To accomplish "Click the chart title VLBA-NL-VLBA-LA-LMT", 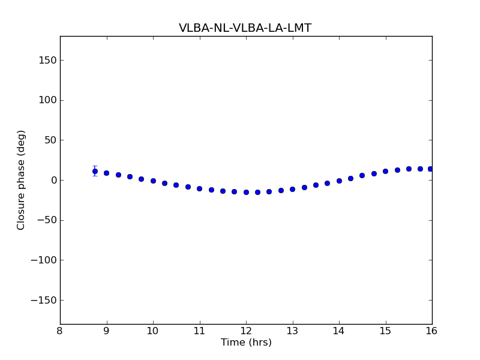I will pyautogui.click(x=245, y=28).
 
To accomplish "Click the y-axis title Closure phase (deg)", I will pyautogui.click(x=22, y=180).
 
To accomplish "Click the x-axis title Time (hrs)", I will pyautogui.click(x=246, y=343).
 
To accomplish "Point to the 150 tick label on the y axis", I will pyautogui.click(x=48, y=60).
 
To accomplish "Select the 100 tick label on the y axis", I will pyautogui.click(x=48, y=100).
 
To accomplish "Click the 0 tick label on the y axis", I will pyautogui.click(x=53, y=180).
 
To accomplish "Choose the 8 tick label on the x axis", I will pyautogui.click(x=60, y=331).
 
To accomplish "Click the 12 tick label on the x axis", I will pyautogui.click(x=246, y=331).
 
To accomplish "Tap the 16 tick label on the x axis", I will pyautogui.click(x=432, y=331).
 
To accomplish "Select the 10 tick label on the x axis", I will pyautogui.click(x=153, y=331).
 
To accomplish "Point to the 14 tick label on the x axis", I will pyautogui.click(x=339, y=331).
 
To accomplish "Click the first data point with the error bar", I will pyautogui.click(x=95, y=171).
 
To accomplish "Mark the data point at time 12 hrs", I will pyautogui.click(x=246, y=192).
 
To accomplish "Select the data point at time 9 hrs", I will pyautogui.click(x=106, y=173).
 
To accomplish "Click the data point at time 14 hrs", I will pyautogui.click(x=339, y=181).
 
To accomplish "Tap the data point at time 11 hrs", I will pyautogui.click(x=199, y=188).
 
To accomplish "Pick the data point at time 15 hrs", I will pyautogui.click(x=385, y=171).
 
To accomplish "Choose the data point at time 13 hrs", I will pyautogui.click(x=292, y=189).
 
